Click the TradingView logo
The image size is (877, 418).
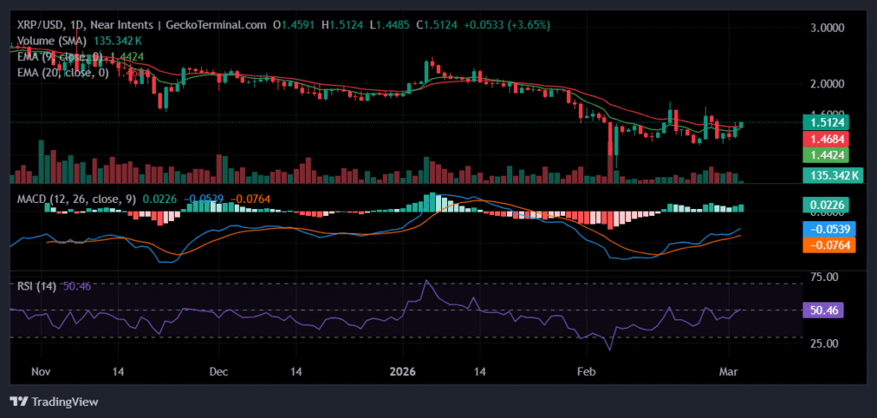54,401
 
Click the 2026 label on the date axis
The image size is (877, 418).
402,372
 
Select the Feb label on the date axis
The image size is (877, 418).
585,372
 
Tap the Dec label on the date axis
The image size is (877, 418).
218,372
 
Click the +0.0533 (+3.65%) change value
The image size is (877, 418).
496,25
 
